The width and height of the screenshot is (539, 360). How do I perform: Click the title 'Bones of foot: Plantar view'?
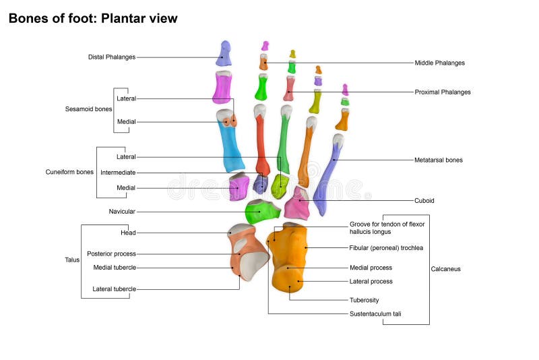tap(93, 19)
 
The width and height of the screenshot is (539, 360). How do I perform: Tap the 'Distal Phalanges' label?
tap(112, 57)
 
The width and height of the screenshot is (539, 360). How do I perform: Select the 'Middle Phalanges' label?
tap(439, 63)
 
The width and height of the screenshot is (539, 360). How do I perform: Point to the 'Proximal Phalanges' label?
tap(442, 92)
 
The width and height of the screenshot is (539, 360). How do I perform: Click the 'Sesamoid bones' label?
tap(88, 109)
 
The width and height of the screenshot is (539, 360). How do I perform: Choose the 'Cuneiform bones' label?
tap(69, 172)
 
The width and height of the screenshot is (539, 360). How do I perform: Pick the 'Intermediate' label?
tap(118, 173)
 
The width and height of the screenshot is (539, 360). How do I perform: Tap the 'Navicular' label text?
tap(122, 212)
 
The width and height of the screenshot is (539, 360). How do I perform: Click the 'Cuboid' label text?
tap(424, 200)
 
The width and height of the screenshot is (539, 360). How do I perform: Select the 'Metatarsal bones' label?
tap(438, 160)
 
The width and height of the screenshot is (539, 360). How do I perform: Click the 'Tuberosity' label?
tap(364, 300)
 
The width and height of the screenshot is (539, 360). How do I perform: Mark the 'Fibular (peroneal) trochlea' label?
tap(386, 248)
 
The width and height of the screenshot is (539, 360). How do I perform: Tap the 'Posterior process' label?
tap(111, 254)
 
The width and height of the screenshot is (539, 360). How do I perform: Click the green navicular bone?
tap(261, 212)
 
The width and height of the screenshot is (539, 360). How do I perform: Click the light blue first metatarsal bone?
tap(232, 144)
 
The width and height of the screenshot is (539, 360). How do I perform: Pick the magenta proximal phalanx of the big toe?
tap(222, 88)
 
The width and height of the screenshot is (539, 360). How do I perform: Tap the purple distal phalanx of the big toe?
tap(224, 53)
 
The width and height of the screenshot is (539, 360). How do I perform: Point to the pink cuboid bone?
tap(296, 206)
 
